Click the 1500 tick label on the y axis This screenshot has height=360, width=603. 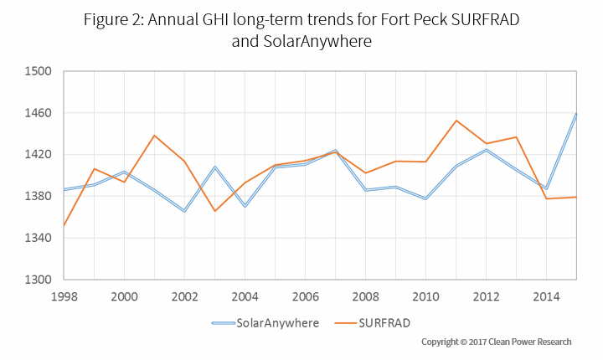click(x=39, y=71)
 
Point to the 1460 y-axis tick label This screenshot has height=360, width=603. click(x=39, y=113)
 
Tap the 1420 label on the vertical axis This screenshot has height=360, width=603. click(x=39, y=155)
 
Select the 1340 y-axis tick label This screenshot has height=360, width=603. click(x=39, y=238)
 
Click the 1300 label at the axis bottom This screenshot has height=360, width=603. click(x=39, y=280)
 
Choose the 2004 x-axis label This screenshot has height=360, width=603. click(x=245, y=296)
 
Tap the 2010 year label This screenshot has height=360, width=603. click(x=425, y=296)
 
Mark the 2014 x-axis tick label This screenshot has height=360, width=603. click(x=546, y=296)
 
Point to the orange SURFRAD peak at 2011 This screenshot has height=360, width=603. click(x=456, y=121)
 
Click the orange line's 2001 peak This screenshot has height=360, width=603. click(x=154, y=136)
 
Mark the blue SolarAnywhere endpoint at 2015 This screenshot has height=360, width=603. click(x=576, y=113)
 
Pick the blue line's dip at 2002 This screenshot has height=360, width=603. click(x=184, y=211)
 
